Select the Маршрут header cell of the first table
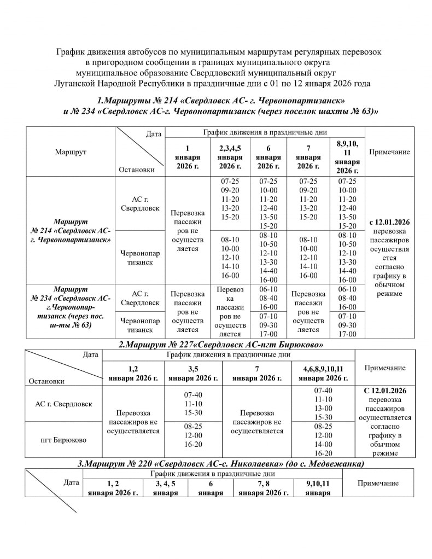[x=71, y=152]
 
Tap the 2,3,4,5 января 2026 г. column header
[x=230, y=157]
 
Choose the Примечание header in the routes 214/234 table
[x=389, y=152]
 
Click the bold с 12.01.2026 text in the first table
[x=390, y=222]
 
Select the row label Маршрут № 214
[x=71, y=231]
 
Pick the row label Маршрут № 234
[x=71, y=306]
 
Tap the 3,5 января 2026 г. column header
[x=193, y=374]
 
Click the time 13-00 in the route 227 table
[x=323, y=407]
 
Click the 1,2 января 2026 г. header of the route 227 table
[x=133, y=374]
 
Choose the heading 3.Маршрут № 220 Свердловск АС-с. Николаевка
[x=221, y=463]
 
